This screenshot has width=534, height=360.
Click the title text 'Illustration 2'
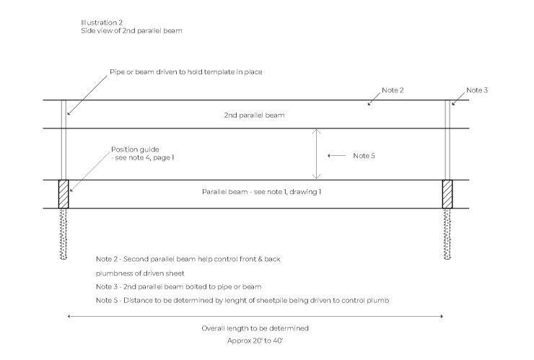point(102,24)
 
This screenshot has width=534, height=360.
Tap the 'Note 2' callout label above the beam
point(393,90)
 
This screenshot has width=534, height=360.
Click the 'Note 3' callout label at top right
point(477,90)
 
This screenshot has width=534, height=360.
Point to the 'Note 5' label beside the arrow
point(364,156)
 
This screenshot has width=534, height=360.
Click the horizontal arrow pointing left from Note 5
point(336,156)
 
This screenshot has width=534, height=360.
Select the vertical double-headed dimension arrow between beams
point(315,154)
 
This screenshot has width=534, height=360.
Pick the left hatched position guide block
point(64,194)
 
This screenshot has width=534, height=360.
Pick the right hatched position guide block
point(447,194)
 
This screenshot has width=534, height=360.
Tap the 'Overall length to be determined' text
point(255,328)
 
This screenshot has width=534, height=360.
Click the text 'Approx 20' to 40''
point(255,339)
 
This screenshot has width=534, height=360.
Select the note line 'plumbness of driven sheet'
point(141,273)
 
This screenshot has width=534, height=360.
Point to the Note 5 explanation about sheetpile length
point(242,299)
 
